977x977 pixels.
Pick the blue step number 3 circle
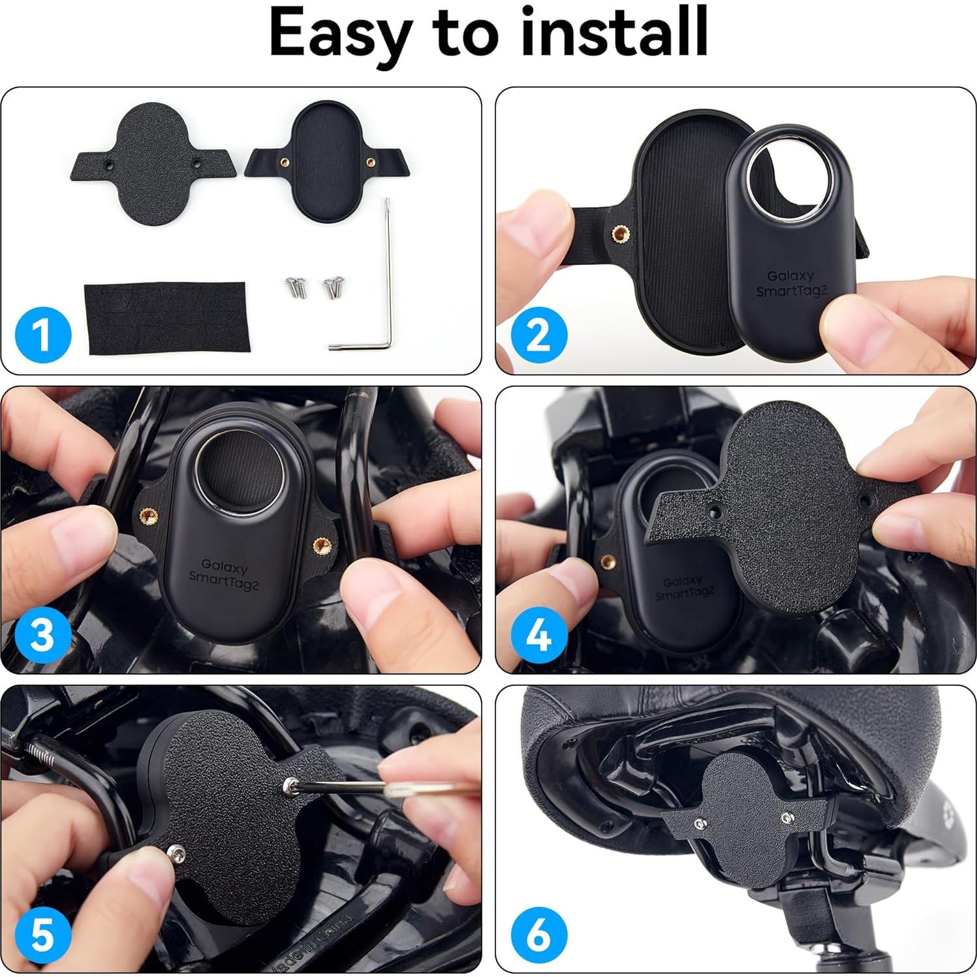[x=43, y=634]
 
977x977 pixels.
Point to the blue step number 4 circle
[x=538, y=634]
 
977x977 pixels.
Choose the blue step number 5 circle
[x=43, y=934]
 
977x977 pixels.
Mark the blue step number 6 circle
[x=538, y=934]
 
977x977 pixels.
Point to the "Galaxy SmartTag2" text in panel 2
[x=791, y=284]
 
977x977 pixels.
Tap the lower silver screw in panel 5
[x=176, y=851]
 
